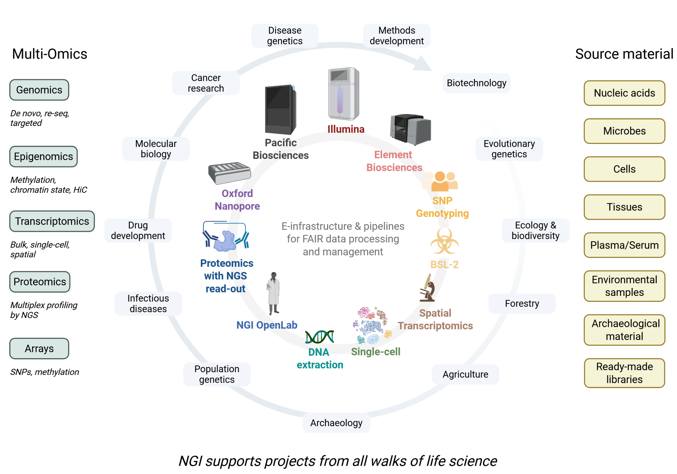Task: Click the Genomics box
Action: click(39, 90)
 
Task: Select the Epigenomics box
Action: click(43, 156)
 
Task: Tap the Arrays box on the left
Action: click(39, 348)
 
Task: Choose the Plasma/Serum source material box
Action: click(624, 245)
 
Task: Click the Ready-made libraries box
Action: click(624, 373)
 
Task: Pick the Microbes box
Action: click(624, 131)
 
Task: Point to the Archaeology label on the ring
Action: click(336, 423)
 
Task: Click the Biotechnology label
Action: click(476, 83)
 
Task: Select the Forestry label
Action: click(522, 303)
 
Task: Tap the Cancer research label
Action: click(206, 83)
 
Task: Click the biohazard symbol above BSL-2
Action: click(444, 242)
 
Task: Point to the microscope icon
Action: click(427, 288)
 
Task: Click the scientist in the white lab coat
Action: click(273, 293)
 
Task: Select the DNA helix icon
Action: click(319, 337)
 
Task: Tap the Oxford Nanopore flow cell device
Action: click(229, 173)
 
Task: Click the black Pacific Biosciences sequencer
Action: click(280, 109)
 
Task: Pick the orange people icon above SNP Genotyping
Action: click(440, 181)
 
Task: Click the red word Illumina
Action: click(346, 129)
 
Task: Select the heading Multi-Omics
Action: click(50, 54)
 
